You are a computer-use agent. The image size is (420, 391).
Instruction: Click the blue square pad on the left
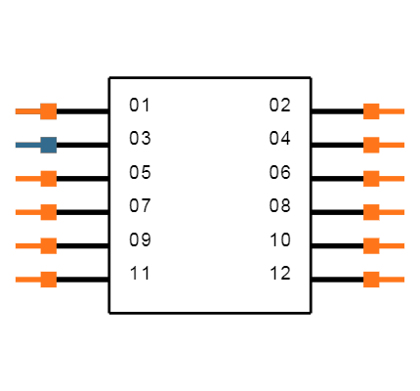[x=48, y=145]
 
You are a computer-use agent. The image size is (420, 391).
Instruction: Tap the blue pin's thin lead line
[x=27, y=145]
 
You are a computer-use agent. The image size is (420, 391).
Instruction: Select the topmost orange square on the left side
[x=48, y=111]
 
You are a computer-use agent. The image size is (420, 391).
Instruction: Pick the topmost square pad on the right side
[x=371, y=111]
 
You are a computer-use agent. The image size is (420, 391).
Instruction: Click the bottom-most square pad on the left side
[x=48, y=280]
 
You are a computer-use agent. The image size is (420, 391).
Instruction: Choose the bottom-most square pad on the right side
[x=371, y=280]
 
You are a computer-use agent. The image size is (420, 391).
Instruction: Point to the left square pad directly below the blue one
[x=48, y=178]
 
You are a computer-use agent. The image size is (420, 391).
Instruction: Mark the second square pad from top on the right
[x=371, y=145]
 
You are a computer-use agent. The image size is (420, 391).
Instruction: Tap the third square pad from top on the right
[x=371, y=178]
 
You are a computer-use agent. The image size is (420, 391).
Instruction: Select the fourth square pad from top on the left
[x=48, y=212]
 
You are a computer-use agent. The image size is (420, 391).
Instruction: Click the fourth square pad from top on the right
[x=371, y=212]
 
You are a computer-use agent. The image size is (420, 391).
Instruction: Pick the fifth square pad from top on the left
[x=48, y=245]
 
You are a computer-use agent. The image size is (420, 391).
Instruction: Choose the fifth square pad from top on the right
[x=371, y=245]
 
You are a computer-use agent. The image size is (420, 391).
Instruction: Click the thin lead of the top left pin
[x=27, y=111]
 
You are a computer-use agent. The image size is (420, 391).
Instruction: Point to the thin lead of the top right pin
[x=393, y=111]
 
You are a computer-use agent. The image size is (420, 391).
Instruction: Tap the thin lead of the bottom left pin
[x=27, y=280]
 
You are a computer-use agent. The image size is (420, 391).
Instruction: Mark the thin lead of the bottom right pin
[x=393, y=280]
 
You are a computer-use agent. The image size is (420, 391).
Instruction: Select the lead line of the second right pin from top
[x=393, y=145]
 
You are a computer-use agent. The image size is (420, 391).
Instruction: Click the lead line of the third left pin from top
[x=27, y=179]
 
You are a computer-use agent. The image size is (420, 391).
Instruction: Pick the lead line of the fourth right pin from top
[x=393, y=212]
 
